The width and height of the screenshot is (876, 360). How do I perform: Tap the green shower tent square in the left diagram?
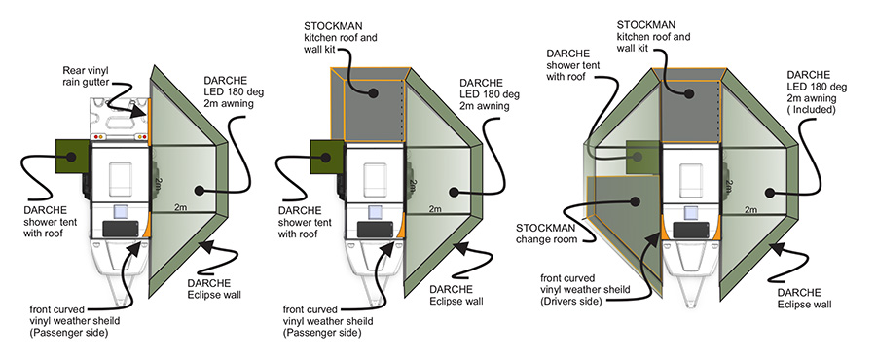(71, 157)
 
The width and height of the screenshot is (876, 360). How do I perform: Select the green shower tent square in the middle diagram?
(327, 157)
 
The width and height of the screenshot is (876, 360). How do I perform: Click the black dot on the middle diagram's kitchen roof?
(370, 92)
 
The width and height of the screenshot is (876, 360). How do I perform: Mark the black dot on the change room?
(634, 200)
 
